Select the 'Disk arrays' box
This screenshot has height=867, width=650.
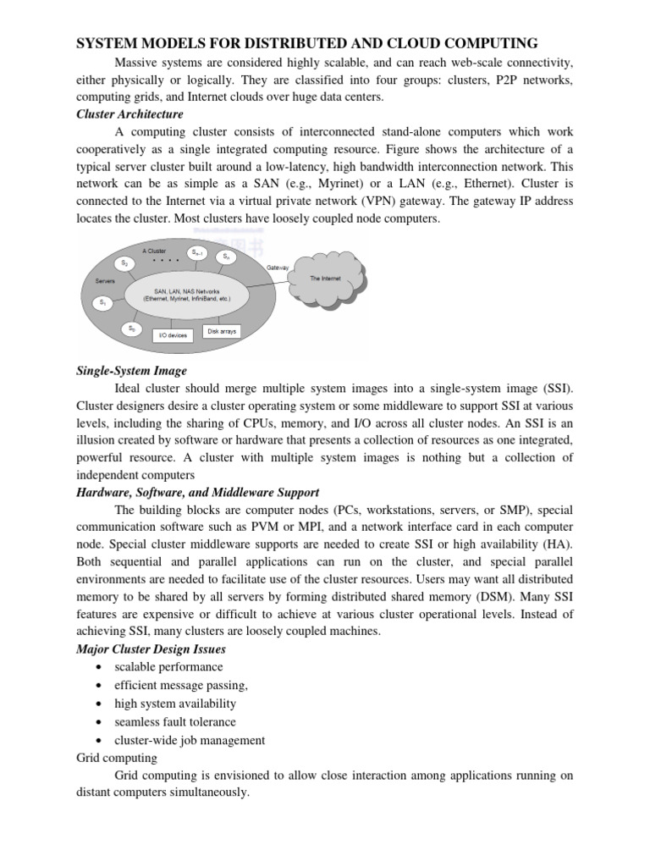click(x=222, y=331)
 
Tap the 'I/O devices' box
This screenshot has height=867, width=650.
click(x=172, y=335)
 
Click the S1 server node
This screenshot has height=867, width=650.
click(x=103, y=301)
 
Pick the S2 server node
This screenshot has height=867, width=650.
click(x=124, y=262)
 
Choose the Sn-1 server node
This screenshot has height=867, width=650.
click(x=196, y=251)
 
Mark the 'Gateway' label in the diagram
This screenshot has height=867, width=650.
click(x=278, y=267)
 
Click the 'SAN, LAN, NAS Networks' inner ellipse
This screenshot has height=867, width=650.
click(x=187, y=295)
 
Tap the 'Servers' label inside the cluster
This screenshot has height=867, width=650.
click(x=106, y=280)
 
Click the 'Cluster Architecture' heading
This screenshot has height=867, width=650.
click(x=129, y=113)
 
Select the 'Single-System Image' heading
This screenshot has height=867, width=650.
click(x=131, y=371)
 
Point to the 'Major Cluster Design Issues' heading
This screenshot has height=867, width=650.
click(x=151, y=649)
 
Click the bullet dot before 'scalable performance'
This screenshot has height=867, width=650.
click(x=101, y=667)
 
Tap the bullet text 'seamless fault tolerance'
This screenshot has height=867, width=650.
click(x=175, y=721)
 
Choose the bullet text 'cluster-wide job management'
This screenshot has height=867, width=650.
click(x=190, y=740)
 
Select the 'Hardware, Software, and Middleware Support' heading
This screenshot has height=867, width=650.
click(x=197, y=492)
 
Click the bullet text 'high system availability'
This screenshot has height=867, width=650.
click(x=175, y=704)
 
